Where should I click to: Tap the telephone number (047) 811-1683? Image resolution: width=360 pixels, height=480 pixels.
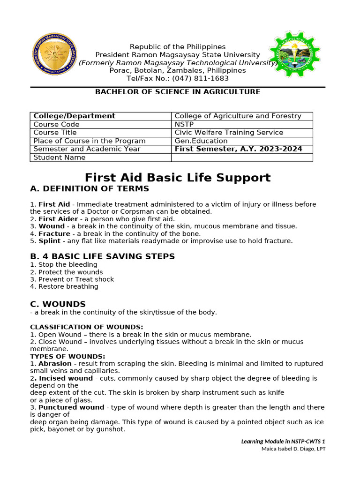[x=199, y=79]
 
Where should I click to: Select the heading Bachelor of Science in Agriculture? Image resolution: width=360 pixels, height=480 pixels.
[x=178, y=92]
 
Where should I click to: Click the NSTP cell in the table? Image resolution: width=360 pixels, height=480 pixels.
[x=242, y=124]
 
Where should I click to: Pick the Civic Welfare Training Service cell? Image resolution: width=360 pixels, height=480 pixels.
[x=242, y=133]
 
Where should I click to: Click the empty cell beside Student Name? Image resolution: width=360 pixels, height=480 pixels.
[x=242, y=157]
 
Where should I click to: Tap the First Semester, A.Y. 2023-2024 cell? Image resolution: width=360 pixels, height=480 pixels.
[x=242, y=149]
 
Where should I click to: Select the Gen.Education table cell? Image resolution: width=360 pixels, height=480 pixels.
[x=242, y=141]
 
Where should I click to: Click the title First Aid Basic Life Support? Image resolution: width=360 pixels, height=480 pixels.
[x=178, y=178]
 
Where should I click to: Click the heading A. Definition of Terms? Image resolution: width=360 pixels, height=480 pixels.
[x=90, y=189]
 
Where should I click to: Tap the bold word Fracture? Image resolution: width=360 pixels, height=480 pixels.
[x=54, y=233]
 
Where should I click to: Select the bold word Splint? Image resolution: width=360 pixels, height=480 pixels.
[x=50, y=241]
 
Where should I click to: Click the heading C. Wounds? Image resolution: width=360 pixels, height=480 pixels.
[x=58, y=304]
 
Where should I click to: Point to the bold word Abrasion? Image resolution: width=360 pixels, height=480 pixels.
[x=55, y=364]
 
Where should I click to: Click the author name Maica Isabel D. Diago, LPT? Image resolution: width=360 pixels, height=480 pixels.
[x=293, y=449]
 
